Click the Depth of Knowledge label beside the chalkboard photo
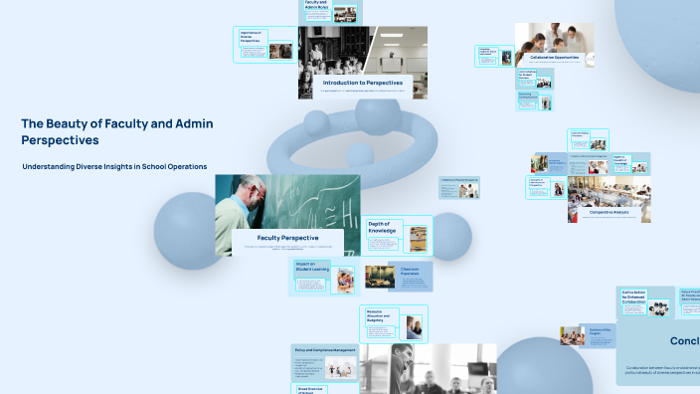click(x=382, y=228)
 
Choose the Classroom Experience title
click(x=411, y=271)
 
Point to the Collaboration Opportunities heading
click(x=555, y=58)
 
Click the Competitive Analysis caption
click(x=610, y=212)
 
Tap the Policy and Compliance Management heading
click(x=325, y=350)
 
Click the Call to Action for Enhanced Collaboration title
click(x=634, y=295)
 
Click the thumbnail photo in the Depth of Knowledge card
click(x=415, y=238)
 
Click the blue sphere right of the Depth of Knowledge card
click(x=450, y=236)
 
